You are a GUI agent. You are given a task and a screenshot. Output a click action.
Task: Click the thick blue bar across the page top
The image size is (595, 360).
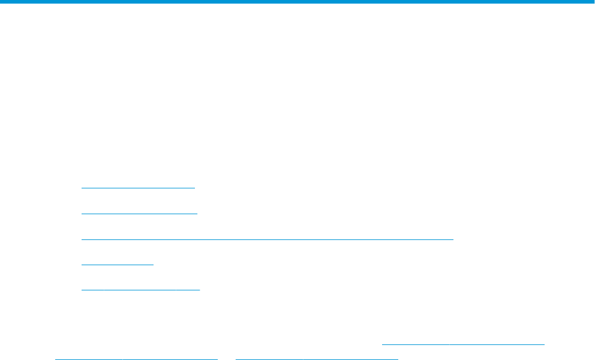(x=297, y=2)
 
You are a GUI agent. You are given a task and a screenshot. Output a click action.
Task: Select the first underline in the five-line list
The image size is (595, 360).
(x=138, y=188)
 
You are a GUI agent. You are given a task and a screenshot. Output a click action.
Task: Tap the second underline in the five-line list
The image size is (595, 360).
(x=139, y=213)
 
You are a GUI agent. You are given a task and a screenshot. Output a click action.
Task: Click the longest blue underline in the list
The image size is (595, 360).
(x=267, y=239)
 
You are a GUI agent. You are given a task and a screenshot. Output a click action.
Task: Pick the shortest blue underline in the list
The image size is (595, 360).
(x=118, y=263)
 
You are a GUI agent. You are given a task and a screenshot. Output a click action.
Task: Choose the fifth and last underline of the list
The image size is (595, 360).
(x=140, y=289)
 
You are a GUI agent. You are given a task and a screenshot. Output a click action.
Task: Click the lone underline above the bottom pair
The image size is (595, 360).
(x=463, y=344)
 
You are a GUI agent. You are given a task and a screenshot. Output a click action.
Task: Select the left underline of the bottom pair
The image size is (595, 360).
(x=136, y=358)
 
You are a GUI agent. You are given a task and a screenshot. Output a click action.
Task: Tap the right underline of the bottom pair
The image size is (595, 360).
(x=317, y=358)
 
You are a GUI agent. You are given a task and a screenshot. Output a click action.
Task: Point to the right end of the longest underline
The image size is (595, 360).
(x=453, y=239)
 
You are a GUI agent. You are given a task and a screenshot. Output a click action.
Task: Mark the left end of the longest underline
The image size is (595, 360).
(x=82, y=239)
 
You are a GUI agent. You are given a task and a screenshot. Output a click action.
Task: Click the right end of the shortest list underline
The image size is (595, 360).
(x=154, y=263)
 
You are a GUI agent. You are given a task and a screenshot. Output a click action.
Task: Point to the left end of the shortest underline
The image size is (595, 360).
(x=82, y=263)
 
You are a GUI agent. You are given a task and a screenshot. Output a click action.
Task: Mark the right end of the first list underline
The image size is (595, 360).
(x=195, y=188)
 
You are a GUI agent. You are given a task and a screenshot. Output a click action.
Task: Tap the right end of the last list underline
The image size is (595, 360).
(x=199, y=289)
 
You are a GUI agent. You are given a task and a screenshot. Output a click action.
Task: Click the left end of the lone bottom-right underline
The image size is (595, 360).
(x=383, y=344)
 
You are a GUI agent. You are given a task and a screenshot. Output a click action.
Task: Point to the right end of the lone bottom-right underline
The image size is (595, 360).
(x=544, y=344)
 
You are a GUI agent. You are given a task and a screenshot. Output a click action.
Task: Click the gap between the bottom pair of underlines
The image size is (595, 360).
(x=227, y=358)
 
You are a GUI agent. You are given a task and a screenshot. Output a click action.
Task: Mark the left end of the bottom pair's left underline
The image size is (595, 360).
(x=55, y=358)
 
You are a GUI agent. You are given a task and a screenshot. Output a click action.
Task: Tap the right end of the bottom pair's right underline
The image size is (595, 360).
(x=398, y=358)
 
